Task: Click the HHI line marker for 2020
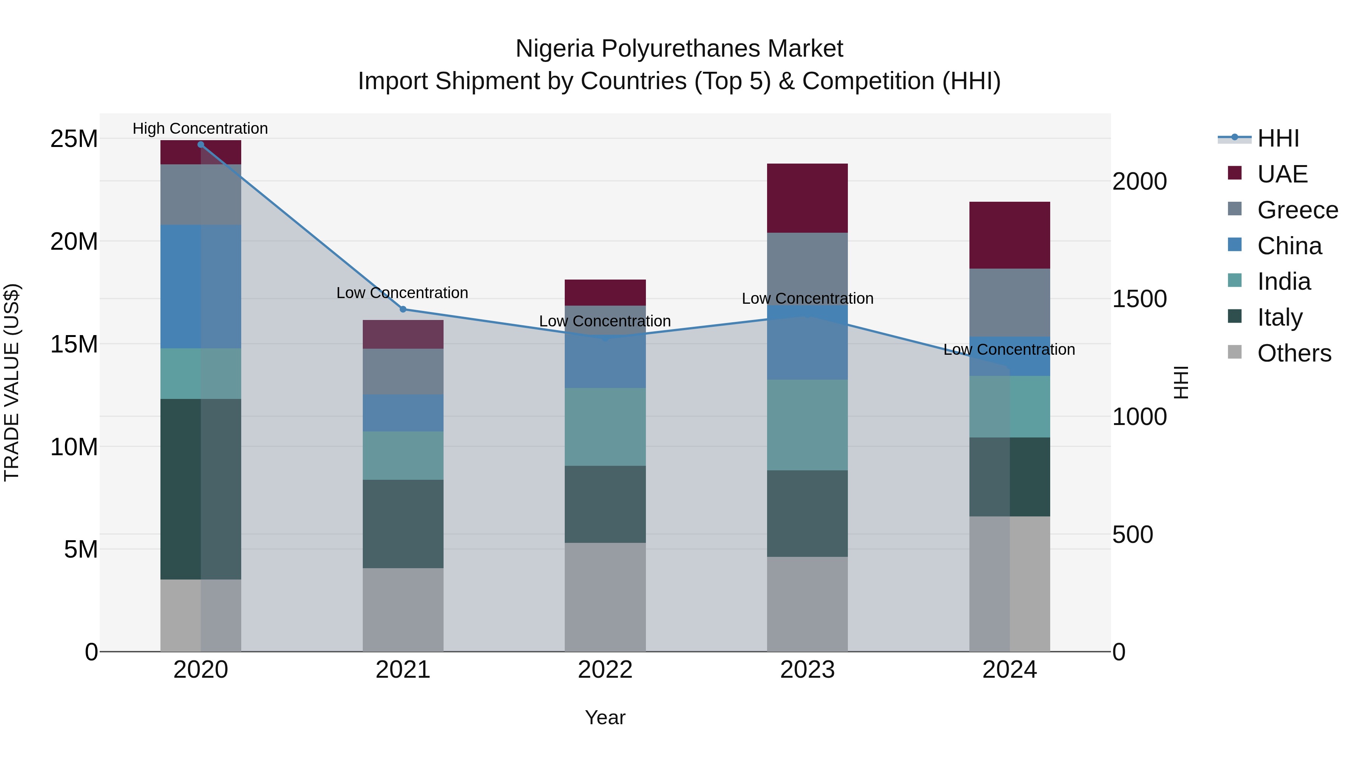200,144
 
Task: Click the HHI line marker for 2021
403,309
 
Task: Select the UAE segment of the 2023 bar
807,198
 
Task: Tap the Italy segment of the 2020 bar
200,489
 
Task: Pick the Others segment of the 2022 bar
605,597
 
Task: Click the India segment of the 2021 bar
403,455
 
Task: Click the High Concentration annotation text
200,128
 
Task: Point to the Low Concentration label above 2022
605,321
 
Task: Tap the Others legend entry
1294,353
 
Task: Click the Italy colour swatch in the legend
1234,317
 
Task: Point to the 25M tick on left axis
74,139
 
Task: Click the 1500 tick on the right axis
1140,299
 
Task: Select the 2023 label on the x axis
807,670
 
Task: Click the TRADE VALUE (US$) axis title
12,382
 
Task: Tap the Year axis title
605,717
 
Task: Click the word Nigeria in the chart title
555,49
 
